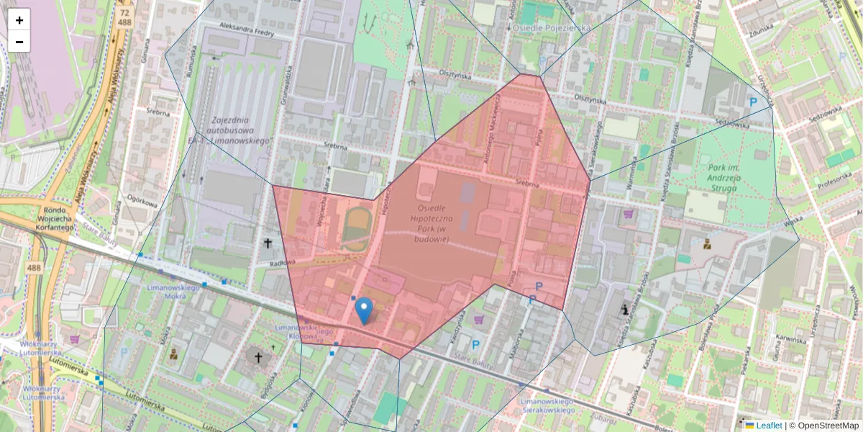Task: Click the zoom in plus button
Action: [x=19, y=19]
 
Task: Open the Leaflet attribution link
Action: [x=768, y=426]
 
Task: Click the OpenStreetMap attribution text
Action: [x=827, y=426]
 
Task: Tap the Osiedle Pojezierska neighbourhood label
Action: [x=552, y=27]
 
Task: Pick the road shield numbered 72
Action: [x=125, y=13]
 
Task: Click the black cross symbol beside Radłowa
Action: [x=268, y=243]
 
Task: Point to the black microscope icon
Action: [x=626, y=310]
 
